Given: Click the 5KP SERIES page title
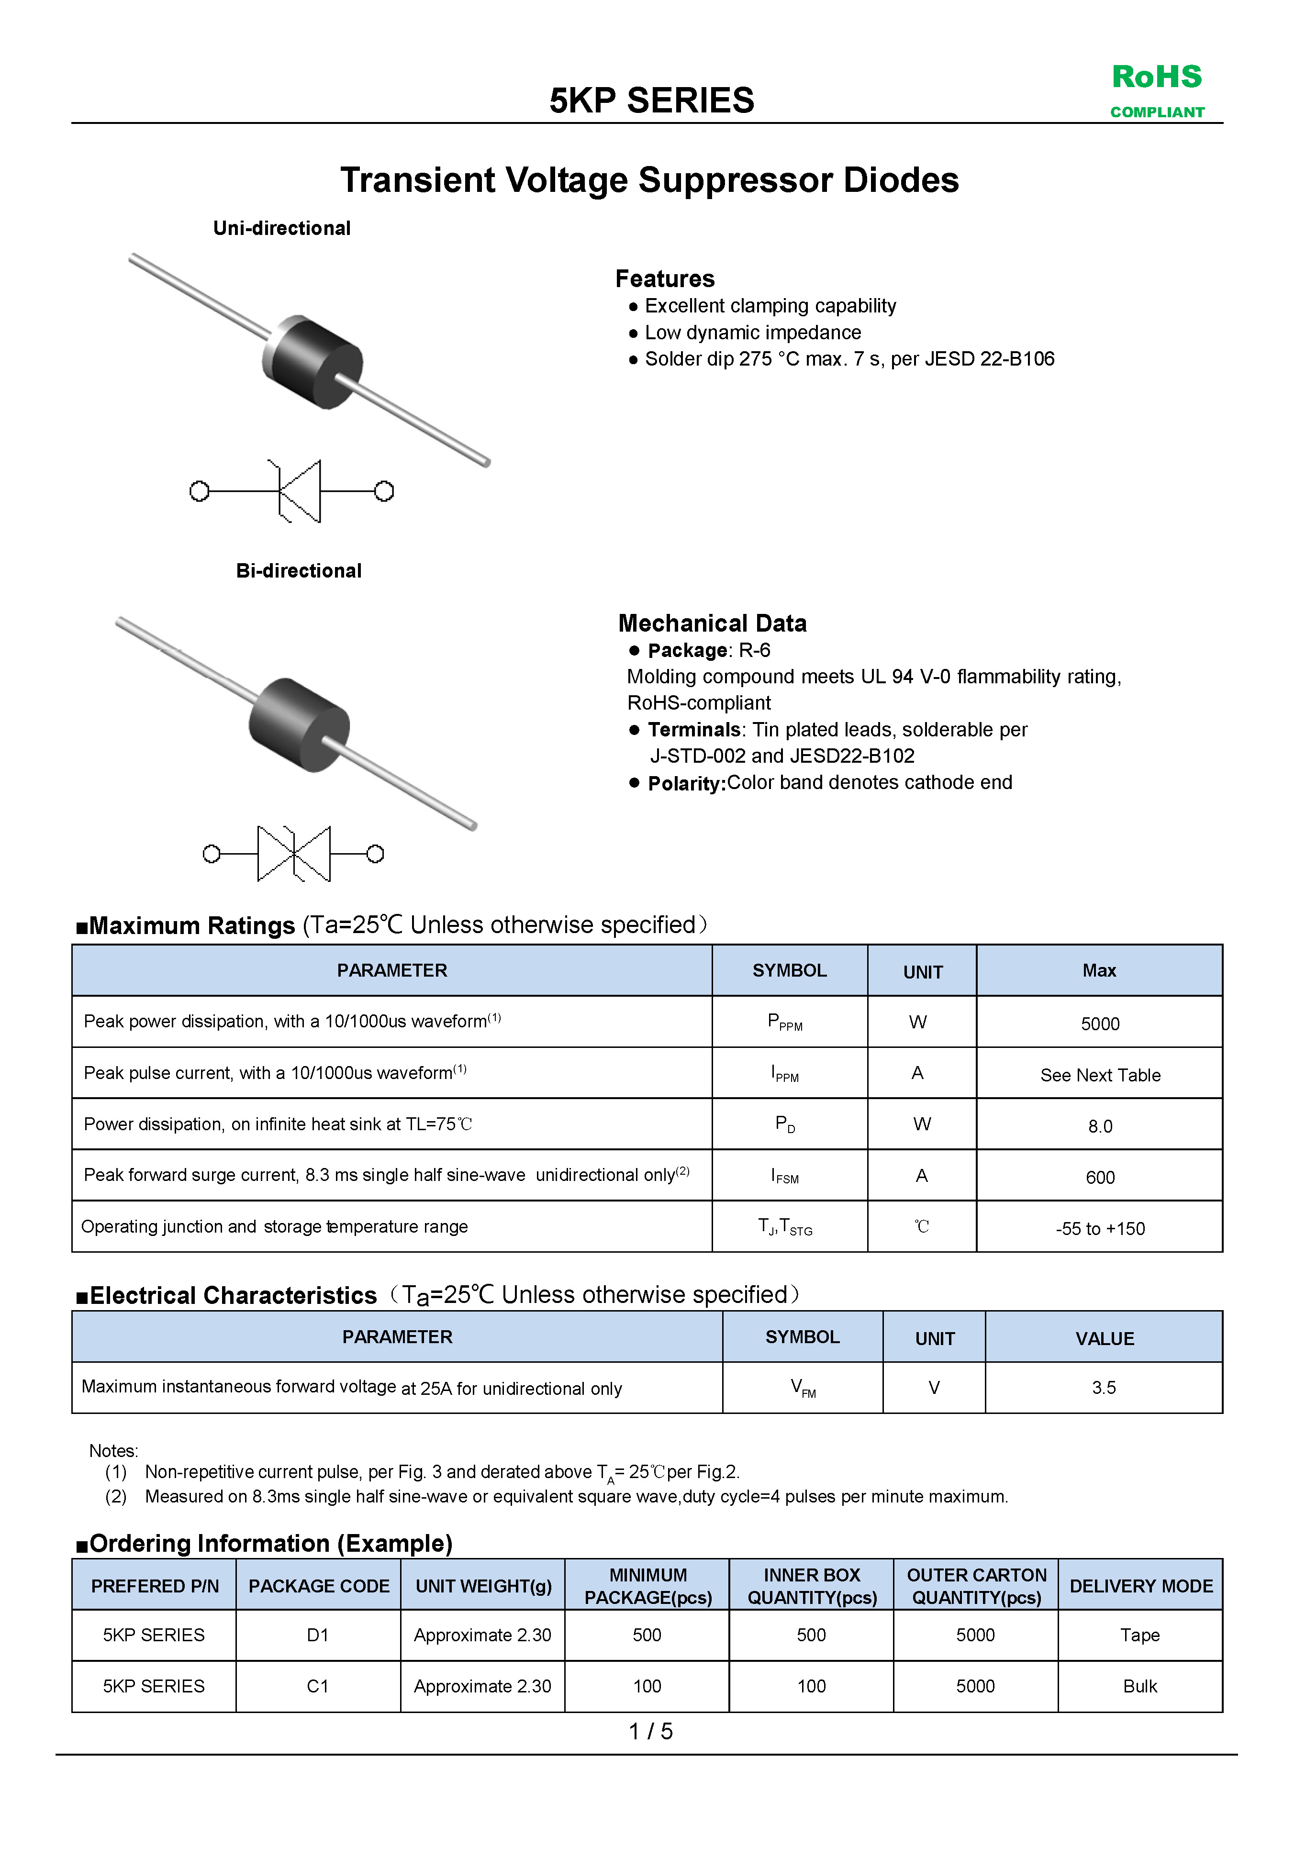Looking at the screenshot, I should click(651, 101).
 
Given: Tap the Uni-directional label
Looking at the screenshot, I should click(281, 228).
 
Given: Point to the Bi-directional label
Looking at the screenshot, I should click(299, 570).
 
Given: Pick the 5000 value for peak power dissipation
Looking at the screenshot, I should click(1100, 1024).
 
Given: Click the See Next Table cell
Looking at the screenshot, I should click(1100, 1075).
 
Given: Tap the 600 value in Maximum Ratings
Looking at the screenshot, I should click(1100, 1178).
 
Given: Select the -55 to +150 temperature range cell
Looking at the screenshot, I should click(1100, 1228).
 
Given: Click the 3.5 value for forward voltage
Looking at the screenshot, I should click(1104, 1388).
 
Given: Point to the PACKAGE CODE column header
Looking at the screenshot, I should click(319, 1586).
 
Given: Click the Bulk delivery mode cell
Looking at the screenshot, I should click(1139, 1686).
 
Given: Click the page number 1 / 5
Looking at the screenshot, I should click(650, 1731).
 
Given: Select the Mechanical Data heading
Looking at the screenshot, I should click(712, 623).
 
